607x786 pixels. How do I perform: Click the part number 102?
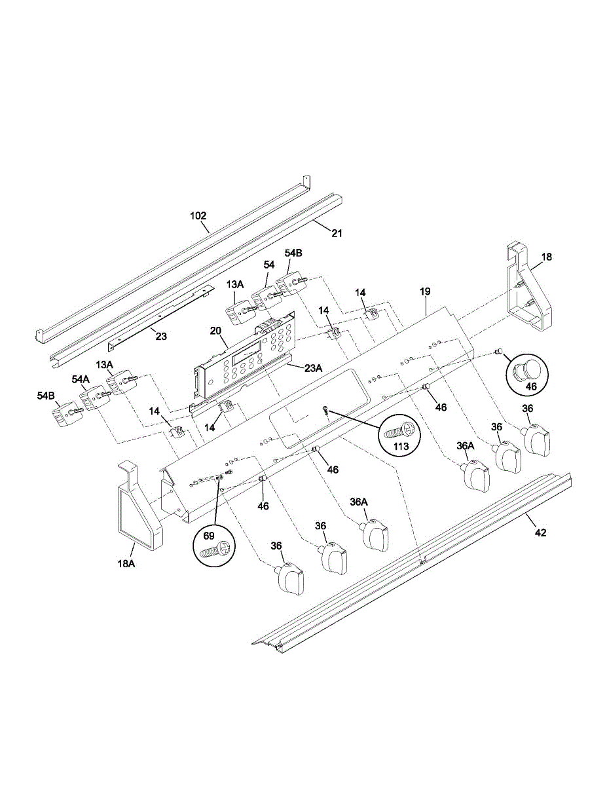tap(198, 215)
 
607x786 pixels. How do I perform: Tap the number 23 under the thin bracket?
tap(161, 337)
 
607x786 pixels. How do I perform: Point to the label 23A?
tap(313, 368)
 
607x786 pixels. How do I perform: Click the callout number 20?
tap(215, 331)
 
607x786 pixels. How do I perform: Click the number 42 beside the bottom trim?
tap(540, 533)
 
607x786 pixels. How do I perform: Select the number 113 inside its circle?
tap(401, 446)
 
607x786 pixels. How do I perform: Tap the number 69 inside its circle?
tap(209, 536)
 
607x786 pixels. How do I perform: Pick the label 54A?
tap(81, 379)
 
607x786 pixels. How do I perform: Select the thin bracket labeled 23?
tap(157, 315)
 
